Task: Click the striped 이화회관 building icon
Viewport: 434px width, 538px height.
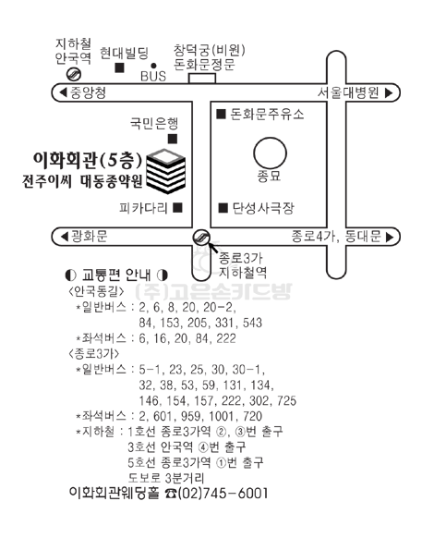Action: point(166,171)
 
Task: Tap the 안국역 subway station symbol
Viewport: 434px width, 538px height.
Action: point(73,74)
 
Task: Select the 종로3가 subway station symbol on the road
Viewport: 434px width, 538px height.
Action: point(201,237)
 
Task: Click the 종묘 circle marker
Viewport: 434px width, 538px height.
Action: point(270,153)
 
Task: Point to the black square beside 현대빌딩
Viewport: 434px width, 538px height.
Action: point(119,67)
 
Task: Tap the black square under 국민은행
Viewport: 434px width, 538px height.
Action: point(173,139)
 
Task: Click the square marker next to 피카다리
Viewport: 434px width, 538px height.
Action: point(177,208)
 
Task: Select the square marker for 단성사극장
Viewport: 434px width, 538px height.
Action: point(223,208)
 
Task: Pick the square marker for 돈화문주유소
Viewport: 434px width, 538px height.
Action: point(221,114)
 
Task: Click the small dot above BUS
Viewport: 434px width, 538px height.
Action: point(153,66)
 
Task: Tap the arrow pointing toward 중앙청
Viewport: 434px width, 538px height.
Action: point(64,92)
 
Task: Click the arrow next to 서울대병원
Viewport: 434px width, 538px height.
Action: point(389,92)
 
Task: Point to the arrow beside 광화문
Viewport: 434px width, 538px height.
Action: point(64,237)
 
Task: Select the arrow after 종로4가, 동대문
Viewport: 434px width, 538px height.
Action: point(390,237)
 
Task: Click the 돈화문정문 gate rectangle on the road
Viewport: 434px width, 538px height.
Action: point(202,79)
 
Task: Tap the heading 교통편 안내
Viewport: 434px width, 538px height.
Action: point(116,275)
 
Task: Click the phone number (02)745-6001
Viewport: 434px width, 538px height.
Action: point(223,493)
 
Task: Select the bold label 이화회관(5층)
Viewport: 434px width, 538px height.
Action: point(88,160)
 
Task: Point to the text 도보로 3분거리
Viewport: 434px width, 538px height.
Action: point(166,478)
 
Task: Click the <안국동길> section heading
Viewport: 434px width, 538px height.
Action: point(96,291)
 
